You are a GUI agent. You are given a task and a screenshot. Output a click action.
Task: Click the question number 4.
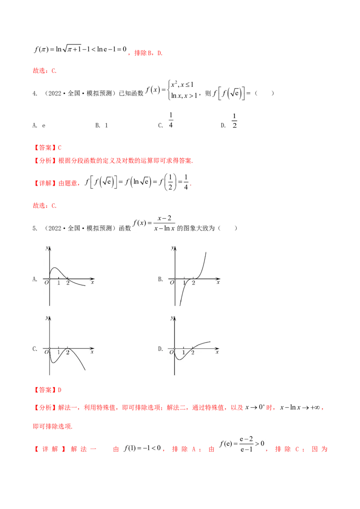click(x=35, y=94)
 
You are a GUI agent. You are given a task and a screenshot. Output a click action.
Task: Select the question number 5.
click(x=35, y=228)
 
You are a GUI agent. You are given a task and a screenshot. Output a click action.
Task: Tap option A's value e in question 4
click(x=44, y=125)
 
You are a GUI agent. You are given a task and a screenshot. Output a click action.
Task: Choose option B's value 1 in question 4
click(x=106, y=125)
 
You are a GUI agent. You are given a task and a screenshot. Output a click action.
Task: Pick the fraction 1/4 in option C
click(x=171, y=120)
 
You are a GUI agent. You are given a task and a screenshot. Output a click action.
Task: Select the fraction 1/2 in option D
click(x=234, y=121)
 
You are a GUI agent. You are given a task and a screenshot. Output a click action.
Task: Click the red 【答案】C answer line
click(x=47, y=147)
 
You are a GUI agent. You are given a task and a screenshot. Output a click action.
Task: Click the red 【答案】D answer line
click(x=47, y=390)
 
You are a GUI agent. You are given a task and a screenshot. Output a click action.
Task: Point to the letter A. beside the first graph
click(x=35, y=279)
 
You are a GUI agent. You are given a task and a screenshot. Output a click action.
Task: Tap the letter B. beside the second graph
click(x=161, y=279)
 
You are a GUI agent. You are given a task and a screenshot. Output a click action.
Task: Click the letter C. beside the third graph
click(x=35, y=349)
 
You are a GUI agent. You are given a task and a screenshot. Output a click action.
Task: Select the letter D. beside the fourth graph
click(x=161, y=349)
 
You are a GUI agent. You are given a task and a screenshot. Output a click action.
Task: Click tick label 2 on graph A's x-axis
click(x=68, y=283)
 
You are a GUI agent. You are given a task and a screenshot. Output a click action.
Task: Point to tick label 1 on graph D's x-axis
click(x=184, y=353)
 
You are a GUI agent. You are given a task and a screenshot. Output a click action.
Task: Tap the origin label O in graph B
click(x=172, y=283)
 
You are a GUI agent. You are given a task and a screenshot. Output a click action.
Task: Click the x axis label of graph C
click(x=92, y=352)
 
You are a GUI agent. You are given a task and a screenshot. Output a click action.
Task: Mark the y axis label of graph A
click(x=47, y=248)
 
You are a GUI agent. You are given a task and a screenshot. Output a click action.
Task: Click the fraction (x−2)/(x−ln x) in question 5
click(x=164, y=223)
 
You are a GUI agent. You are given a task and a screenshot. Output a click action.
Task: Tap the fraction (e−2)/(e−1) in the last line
click(x=246, y=444)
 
